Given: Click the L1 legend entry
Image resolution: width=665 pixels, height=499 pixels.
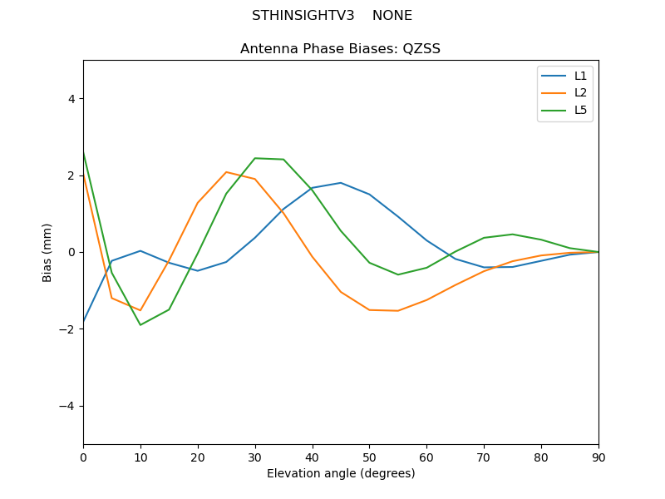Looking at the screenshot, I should tap(580, 76).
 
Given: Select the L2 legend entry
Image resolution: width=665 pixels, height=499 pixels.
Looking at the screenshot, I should tap(580, 93).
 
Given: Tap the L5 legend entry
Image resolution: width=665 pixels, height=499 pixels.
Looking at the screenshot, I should tap(580, 110).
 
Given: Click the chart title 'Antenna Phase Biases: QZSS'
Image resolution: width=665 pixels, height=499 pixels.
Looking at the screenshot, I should tap(340, 49).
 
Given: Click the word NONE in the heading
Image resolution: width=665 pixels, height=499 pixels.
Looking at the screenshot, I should tap(392, 16).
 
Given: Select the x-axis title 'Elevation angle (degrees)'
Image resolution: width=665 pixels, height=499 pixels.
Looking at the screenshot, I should tap(340, 474).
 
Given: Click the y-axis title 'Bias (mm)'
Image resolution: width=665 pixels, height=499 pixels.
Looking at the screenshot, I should tap(47, 252).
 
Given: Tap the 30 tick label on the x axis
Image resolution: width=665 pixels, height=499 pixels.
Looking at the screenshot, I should tap(254, 457).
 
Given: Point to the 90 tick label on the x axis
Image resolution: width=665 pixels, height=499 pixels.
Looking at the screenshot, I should tap(598, 457).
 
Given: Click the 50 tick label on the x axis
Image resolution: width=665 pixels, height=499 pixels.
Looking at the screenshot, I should tap(369, 457).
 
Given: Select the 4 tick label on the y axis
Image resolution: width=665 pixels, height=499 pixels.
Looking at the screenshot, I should tap(71, 99).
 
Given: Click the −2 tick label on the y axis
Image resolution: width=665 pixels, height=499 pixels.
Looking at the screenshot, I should tap(67, 329).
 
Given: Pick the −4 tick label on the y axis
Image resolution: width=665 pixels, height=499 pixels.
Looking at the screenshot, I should tap(67, 406).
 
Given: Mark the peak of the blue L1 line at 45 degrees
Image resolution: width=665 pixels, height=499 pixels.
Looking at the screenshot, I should tap(341, 183).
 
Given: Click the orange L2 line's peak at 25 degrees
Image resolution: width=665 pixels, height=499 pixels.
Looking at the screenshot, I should tap(226, 172).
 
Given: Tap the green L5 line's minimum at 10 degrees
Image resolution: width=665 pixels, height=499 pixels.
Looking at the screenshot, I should tap(140, 325).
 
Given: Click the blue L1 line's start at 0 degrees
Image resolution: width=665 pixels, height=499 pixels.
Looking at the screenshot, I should tap(84, 321).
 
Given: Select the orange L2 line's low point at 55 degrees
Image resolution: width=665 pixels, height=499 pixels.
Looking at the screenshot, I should tap(398, 311).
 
